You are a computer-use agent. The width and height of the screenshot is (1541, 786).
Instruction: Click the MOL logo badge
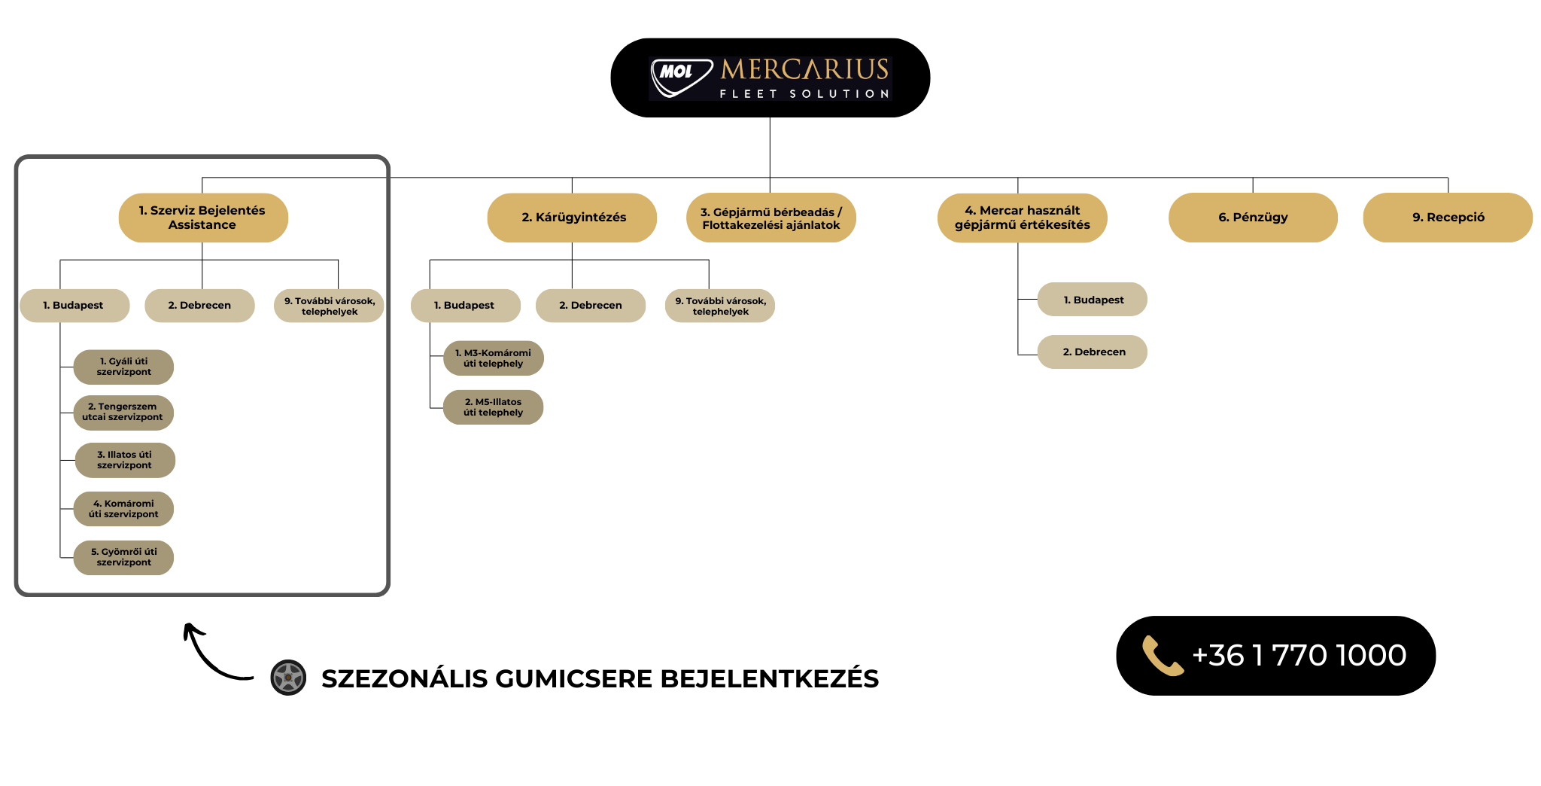click(681, 78)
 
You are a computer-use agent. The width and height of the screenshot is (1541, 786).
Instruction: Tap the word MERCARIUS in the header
click(805, 69)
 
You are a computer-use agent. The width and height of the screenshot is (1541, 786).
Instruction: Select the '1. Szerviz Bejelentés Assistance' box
click(203, 218)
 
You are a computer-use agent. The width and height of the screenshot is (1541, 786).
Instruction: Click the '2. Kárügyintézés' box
click(572, 218)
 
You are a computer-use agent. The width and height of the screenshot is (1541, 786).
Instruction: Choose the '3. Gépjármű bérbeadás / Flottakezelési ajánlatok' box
click(771, 218)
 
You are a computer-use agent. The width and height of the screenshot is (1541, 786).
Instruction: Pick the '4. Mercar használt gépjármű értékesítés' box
click(1022, 218)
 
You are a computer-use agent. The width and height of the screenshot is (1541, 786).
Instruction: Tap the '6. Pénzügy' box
click(1253, 218)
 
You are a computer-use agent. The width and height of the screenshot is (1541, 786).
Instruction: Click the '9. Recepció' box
click(1448, 218)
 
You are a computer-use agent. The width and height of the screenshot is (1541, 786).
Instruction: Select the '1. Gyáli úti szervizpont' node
click(123, 367)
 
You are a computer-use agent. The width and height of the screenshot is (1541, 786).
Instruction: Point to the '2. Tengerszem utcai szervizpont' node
click(123, 413)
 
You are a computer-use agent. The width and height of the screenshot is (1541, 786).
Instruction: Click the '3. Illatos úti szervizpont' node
click(125, 460)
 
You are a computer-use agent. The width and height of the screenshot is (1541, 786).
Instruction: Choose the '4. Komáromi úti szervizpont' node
click(123, 509)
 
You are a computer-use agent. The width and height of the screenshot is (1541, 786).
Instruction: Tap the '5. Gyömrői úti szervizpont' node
click(123, 557)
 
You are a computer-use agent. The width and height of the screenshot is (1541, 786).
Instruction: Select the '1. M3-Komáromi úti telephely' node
click(494, 358)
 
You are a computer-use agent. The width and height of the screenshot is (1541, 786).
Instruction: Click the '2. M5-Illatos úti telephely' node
click(494, 407)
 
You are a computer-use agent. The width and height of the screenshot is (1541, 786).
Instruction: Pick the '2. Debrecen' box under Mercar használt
click(1093, 352)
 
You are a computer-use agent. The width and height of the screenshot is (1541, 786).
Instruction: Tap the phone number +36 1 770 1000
click(1299, 655)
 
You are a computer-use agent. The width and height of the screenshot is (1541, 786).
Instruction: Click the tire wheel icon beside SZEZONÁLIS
click(288, 678)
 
